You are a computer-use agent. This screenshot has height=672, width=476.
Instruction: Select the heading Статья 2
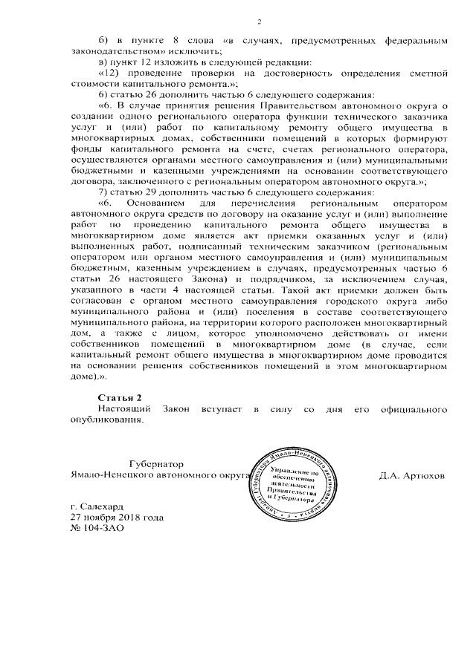[118, 399]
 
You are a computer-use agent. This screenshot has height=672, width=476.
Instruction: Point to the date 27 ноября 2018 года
[112, 518]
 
